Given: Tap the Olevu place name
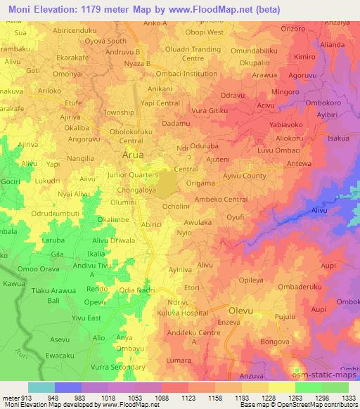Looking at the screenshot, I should [x=243, y=309].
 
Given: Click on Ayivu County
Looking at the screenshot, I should [x=244, y=176].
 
